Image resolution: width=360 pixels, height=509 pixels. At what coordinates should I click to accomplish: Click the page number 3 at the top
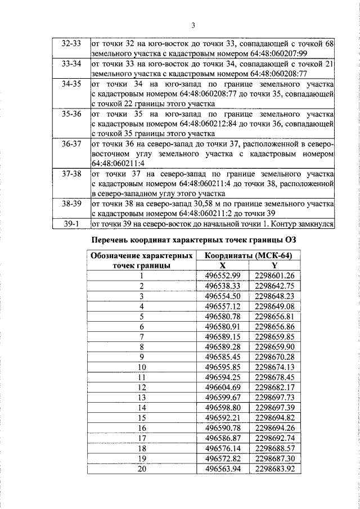click(x=192, y=25)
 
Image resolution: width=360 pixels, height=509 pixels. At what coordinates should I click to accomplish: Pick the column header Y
click(x=274, y=266)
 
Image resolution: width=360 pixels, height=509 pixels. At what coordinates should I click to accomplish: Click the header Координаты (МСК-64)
click(x=248, y=256)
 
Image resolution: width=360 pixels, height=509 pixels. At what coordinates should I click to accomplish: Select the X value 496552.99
click(x=223, y=276)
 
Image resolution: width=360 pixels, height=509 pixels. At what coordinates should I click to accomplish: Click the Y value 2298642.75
click(x=274, y=286)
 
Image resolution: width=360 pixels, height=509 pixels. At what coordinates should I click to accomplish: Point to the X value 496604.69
click(x=223, y=386)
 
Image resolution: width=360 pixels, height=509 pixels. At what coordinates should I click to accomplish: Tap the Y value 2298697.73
click(x=274, y=397)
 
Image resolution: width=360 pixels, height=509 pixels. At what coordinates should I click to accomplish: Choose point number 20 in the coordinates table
click(x=142, y=468)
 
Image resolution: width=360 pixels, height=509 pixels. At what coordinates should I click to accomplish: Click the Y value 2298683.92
click(x=274, y=468)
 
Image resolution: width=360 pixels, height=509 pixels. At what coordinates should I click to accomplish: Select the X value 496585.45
click(x=223, y=356)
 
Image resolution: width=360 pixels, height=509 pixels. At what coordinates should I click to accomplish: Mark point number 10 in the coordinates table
click(x=142, y=367)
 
